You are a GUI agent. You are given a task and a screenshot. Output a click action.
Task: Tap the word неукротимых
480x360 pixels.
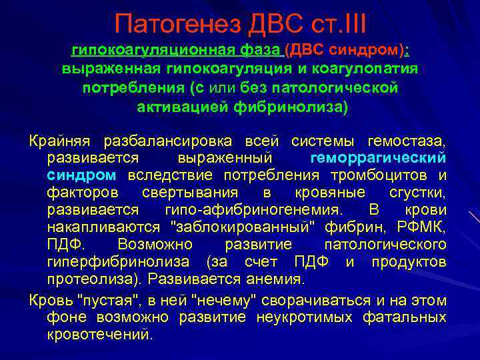pos(281,315)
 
